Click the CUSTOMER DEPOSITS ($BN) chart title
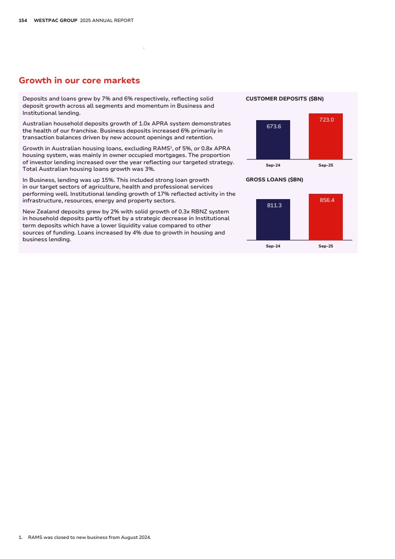point(284,99)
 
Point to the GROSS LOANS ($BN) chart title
point(274,179)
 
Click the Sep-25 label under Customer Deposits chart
point(326,165)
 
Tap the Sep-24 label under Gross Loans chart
point(273,246)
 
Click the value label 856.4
point(327,200)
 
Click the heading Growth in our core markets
point(79,80)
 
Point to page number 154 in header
point(23,21)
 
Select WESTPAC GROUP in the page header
point(56,21)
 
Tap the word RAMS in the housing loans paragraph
point(167,148)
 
